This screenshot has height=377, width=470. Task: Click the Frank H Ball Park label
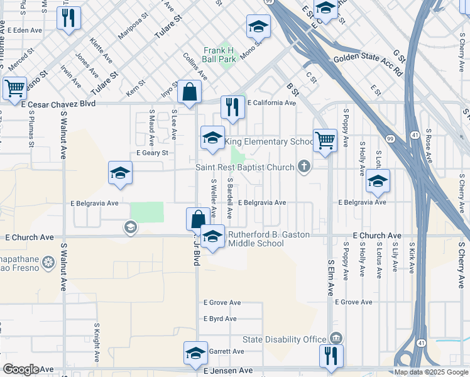click(x=219, y=55)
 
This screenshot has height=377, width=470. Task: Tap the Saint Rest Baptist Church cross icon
click(x=304, y=167)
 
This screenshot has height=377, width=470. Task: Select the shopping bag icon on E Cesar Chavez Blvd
click(x=189, y=92)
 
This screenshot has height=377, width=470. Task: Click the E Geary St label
click(x=152, y=153)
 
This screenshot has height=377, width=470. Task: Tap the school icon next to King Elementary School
click(x=212, y=138)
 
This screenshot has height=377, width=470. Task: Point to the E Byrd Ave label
click(x=219, y=319)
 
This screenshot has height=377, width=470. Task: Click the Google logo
click(x=21, y=369)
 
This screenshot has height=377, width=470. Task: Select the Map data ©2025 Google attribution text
click(x=431, y=372)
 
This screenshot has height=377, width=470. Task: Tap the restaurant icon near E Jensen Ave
click(x=331, y=355)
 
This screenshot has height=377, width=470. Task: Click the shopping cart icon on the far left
click(x=14, y=88)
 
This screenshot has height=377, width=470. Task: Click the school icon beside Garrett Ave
click(x=195, y=353)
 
